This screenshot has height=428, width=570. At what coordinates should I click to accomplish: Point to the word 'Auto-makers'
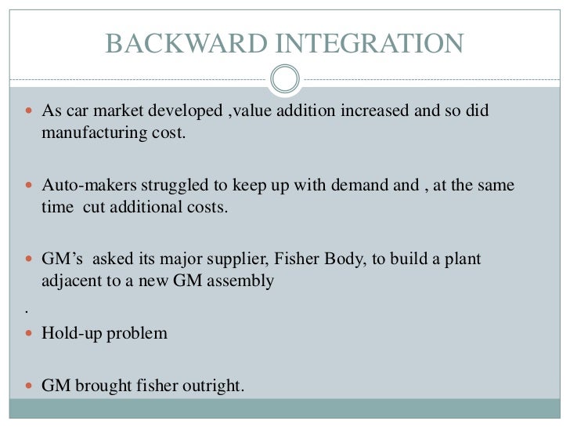tap(83, 186)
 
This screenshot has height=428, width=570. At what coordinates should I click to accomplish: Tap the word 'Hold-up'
tap(69, 333)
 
